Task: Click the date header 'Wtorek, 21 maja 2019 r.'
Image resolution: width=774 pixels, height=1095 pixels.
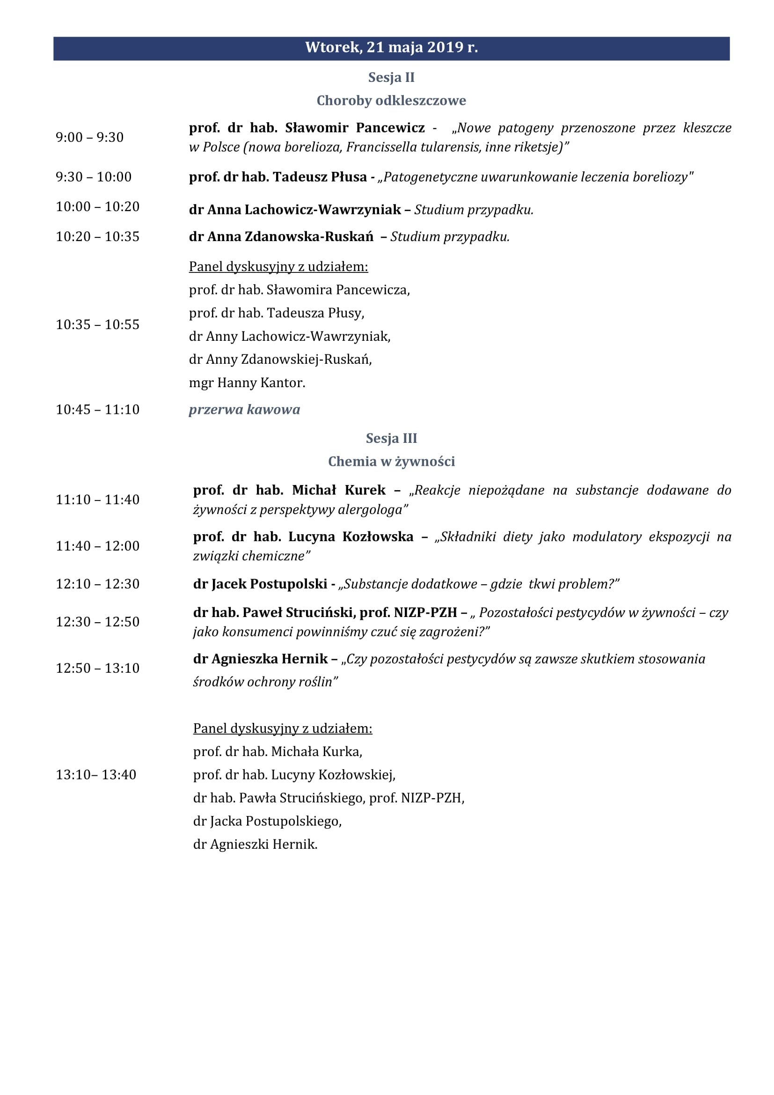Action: tap(391, 48)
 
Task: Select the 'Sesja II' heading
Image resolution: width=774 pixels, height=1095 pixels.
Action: tap(391, 77)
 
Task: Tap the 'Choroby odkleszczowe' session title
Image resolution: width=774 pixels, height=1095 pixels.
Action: tap(391, 101)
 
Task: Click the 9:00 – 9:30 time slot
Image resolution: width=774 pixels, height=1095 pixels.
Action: tap(89, 137)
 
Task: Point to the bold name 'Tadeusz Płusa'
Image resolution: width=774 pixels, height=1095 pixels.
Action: tap(320, 177)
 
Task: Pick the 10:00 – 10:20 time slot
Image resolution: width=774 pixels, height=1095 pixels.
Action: tap(98, 206)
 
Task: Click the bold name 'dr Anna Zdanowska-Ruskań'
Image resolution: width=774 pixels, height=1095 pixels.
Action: tap(281, 236)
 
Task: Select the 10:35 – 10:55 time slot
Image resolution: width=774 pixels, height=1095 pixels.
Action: tap(98, 325)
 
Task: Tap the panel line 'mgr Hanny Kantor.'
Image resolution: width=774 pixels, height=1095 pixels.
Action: tap(247, 382)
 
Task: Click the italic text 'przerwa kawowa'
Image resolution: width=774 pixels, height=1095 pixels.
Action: tap(244, 410)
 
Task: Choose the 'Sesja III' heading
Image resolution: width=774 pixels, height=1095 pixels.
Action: tap(391, 438)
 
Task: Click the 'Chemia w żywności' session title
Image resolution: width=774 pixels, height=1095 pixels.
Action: tap(391, 462)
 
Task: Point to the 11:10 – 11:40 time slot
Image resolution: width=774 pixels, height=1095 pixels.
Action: tap(98, 500)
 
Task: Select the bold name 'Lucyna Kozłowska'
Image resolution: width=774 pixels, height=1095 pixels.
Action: tap(351, 537)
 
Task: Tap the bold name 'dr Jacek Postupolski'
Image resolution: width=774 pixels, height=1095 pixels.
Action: tap(260, 584)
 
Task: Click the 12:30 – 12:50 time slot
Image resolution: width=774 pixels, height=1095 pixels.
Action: tap(98, 622)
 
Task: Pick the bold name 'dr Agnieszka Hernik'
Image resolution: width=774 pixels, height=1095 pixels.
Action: tap(260, 659)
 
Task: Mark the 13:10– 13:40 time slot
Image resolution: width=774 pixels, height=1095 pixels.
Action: tap(96, 774)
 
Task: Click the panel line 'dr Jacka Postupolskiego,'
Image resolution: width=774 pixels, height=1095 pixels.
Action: tap(267, 821)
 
